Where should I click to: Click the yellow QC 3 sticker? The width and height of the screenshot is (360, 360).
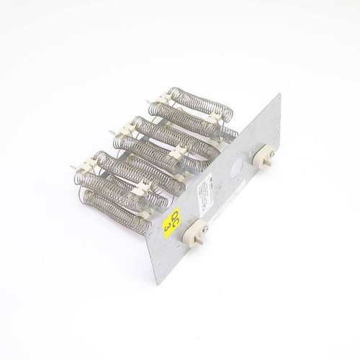[x=171, y=220]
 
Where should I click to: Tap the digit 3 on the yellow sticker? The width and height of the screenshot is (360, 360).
[x=168, y=226]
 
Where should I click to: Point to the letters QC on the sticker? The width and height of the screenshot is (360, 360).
[x=173, y=215]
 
